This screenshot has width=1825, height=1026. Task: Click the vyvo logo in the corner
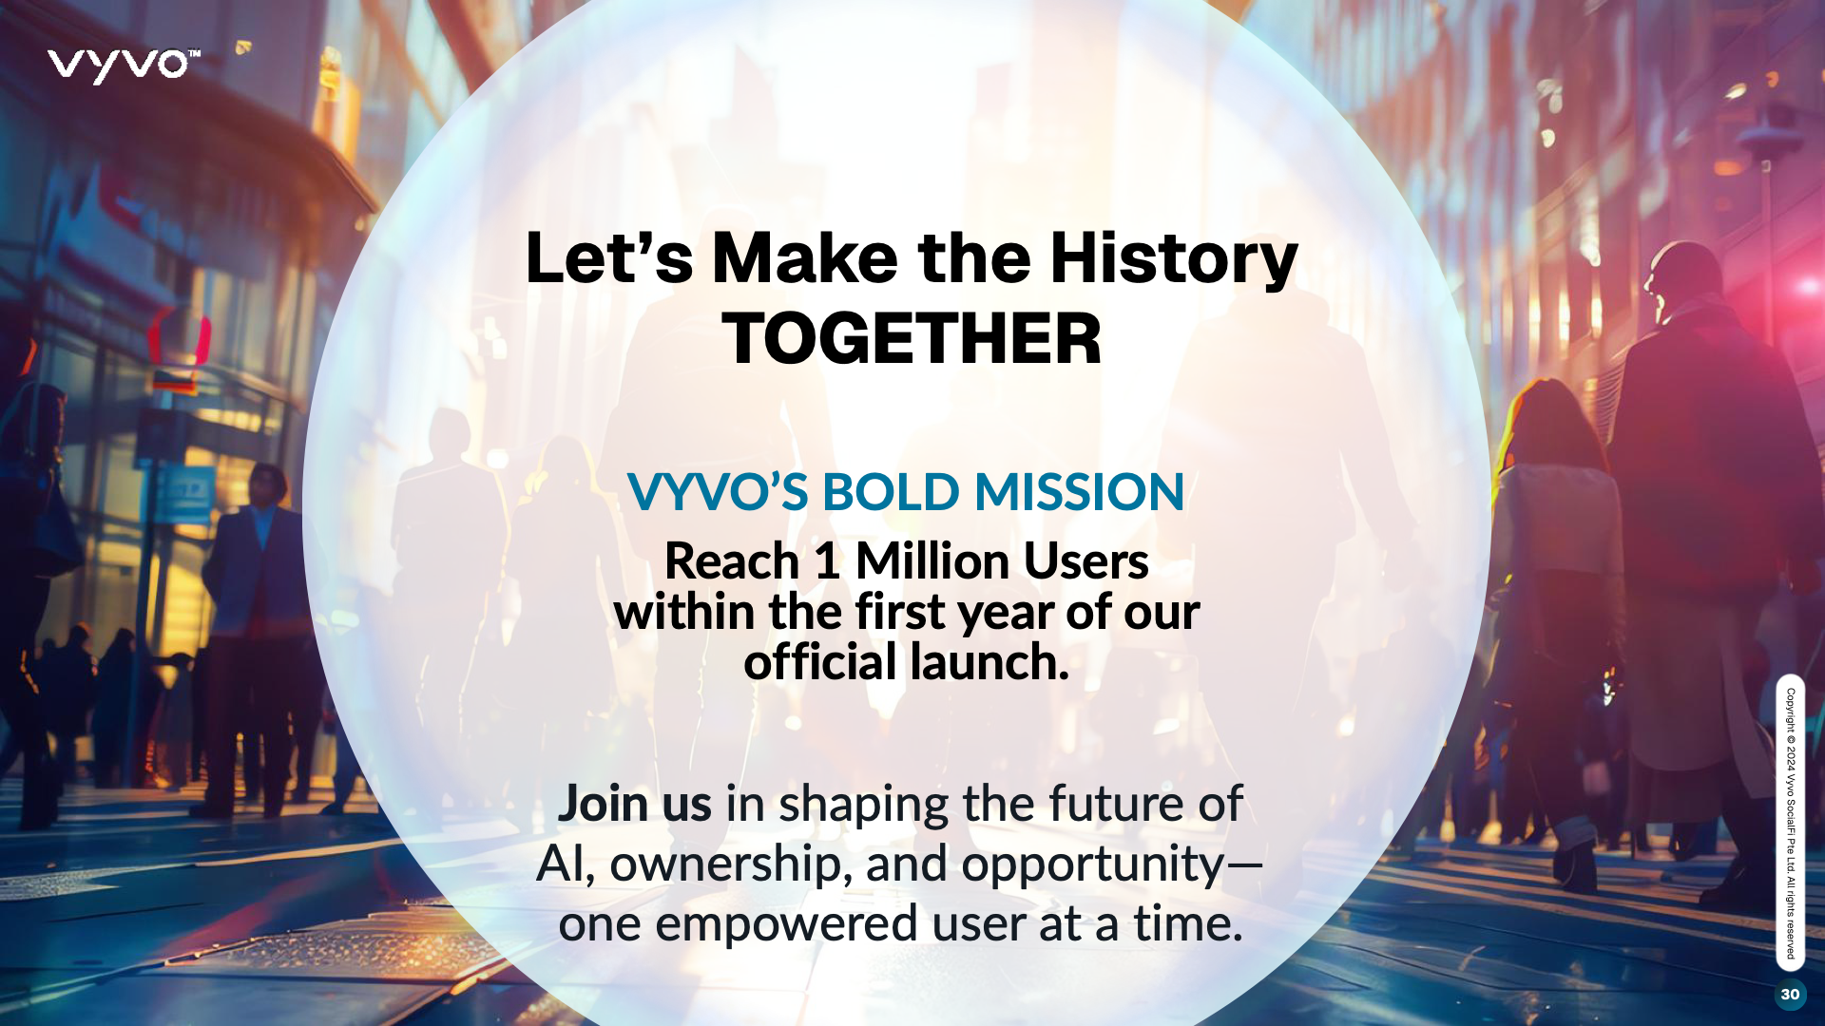[124, 66]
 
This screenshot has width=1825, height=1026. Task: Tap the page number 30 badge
[1790, 994]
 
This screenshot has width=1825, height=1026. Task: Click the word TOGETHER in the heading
[912, 339]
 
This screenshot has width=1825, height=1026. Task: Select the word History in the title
[1173, 259]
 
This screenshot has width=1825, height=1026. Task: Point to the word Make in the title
[805, 258]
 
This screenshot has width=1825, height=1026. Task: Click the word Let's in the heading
[609, 258]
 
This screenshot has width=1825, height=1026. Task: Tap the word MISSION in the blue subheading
[1080, 492]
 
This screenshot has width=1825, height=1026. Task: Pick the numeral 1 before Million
[827, 561]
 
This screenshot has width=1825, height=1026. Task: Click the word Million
[932, 560]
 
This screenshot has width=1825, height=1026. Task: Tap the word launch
[989, 662]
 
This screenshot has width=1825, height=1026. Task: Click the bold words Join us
[634, 804]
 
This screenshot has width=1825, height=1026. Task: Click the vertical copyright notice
[1791, 824]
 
